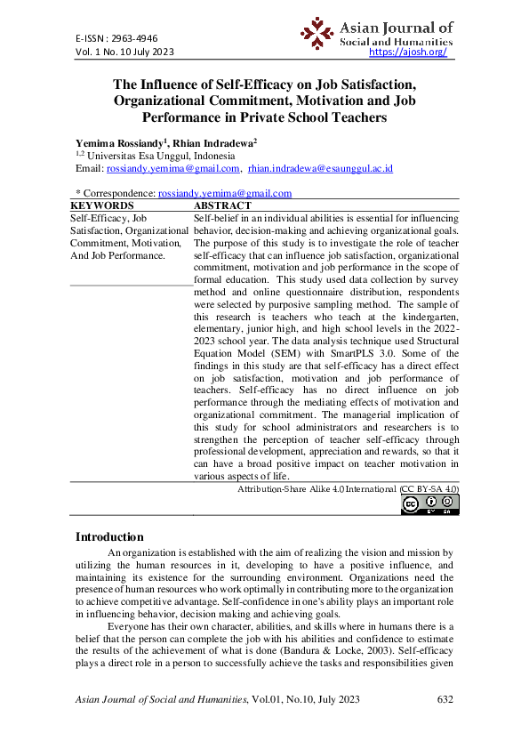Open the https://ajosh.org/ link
point(406,52)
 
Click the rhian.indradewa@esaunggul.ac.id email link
point(320,168)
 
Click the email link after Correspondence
point(224,193)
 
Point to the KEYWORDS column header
point(100,205)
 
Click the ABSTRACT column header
point(222,205)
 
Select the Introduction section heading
point(109,536)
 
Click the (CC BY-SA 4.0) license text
point(429,489)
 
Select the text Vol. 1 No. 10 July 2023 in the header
point(124,52)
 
